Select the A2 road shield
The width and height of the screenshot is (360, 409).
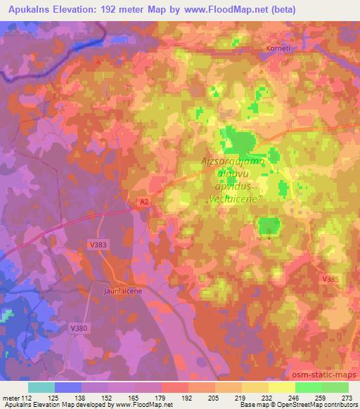tap(143, 202)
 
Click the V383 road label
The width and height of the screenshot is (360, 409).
tap(99, 244)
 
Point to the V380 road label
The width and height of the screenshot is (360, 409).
tap(79, 327)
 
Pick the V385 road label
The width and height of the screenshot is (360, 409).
tap(330, 280)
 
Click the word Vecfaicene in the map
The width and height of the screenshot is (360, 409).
tap(231, 200)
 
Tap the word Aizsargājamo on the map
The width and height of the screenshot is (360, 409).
tap(232, 162)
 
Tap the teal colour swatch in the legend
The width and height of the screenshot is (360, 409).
tap(41, 387)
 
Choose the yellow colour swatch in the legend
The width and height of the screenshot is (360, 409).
tap(281, 387)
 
